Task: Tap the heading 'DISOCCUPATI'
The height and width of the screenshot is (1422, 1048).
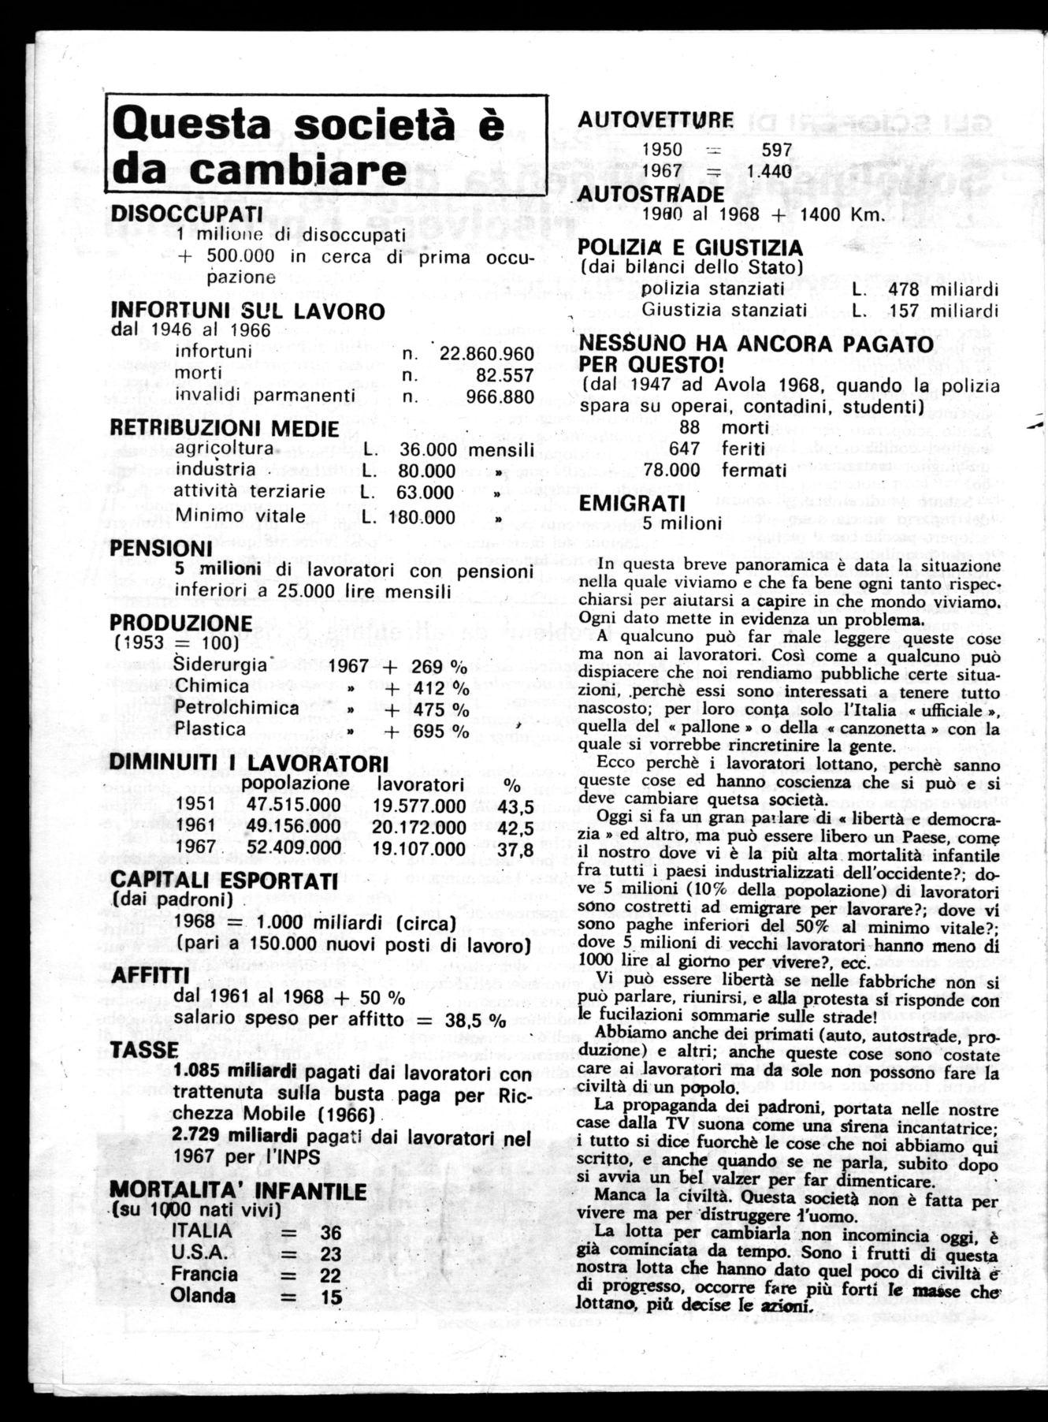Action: coord(187,214)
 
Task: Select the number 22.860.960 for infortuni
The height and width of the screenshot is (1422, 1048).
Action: coord(486,354)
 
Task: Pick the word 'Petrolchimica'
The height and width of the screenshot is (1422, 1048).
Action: coord(237,707)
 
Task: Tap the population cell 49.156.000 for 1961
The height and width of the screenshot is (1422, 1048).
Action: coord(294,828)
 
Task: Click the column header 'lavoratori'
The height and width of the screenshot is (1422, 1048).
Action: coord(420,784)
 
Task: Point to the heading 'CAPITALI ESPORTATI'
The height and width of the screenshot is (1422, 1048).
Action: coord(225,880)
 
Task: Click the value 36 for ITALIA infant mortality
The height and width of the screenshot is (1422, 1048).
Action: coord(331,1232)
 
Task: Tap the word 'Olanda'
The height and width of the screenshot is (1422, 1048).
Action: coord(203,1296)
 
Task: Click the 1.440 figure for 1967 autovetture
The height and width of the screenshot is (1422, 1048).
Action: coord(769,171)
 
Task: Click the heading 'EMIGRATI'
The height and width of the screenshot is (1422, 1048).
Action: coord(632,503)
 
